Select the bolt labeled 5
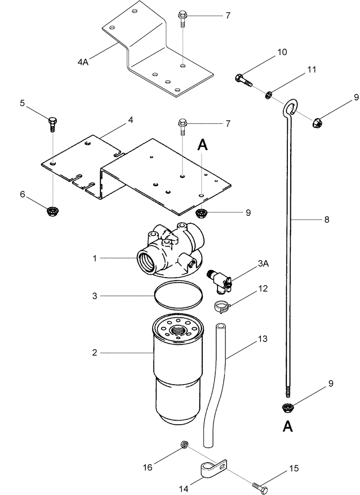(53, 124)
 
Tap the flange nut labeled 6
(51, 211)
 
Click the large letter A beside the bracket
(203, 145)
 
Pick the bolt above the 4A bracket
(181, 21)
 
